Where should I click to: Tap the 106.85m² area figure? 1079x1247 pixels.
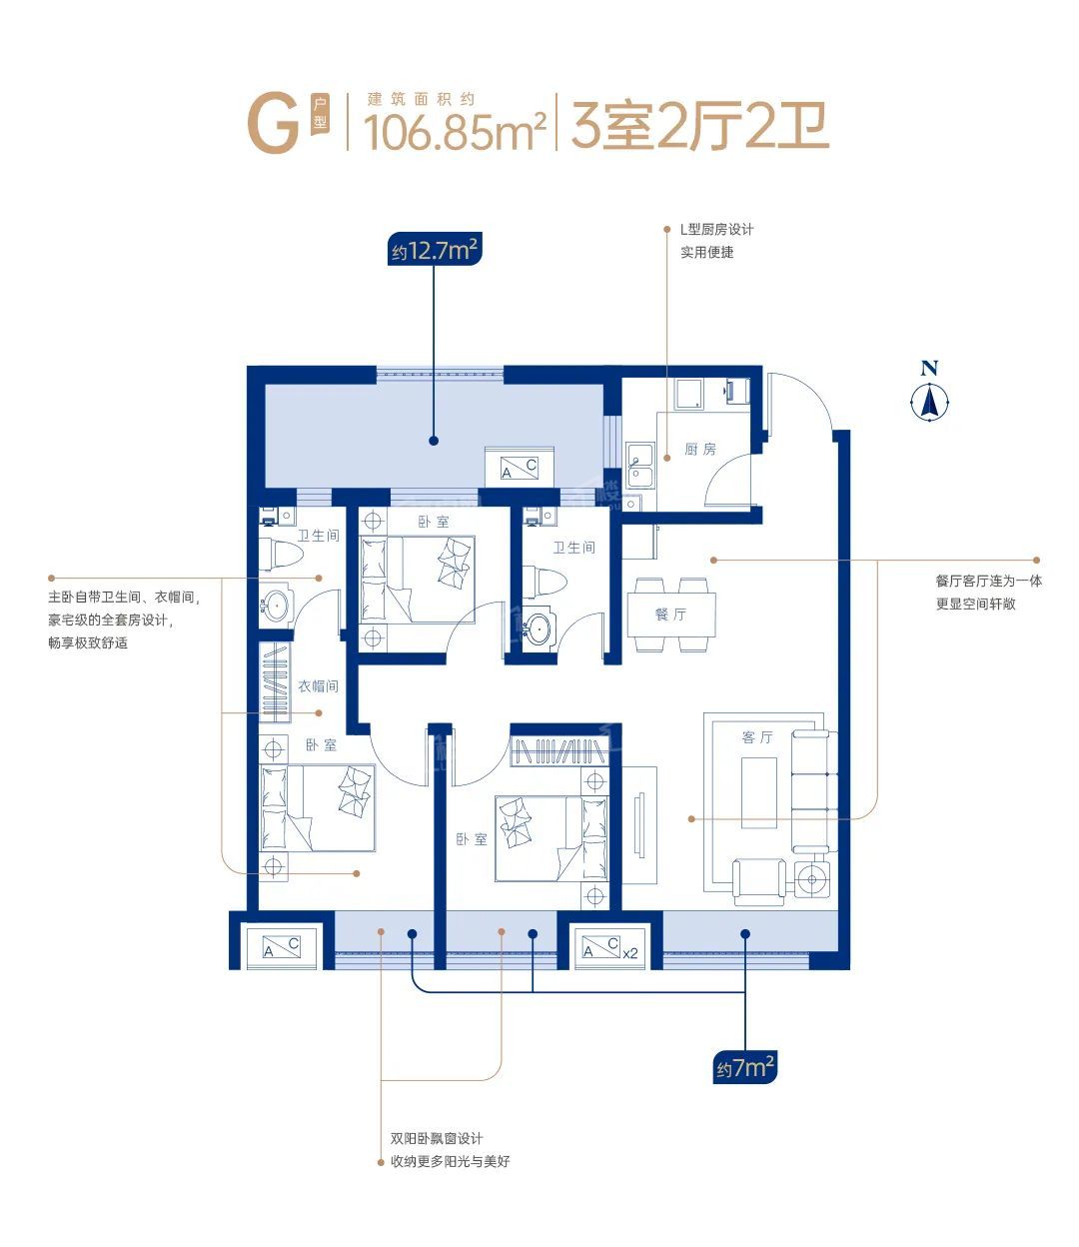(x=455, y=132)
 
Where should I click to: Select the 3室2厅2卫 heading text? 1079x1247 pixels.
(x=699, y=126)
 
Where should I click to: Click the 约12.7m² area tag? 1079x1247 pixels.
(x=435, y=251)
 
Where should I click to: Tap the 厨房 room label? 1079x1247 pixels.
(x=700, y=450)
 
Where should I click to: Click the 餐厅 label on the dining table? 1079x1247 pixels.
(x=670, y=615)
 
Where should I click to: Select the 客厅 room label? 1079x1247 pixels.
(x=757, y=737)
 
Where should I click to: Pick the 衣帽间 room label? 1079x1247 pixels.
(x=318, y=685)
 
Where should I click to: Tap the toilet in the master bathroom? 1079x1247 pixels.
(x=282, y=555)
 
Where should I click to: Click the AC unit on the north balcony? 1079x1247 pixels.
(x=520, y=467)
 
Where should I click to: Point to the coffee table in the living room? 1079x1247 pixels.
(x=758, y=792)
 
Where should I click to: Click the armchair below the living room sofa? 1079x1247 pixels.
(x=759, y=881)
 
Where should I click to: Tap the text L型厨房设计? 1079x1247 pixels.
(x=717, y=229)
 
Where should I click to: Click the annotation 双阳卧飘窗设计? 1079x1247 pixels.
(x=436, y=1138)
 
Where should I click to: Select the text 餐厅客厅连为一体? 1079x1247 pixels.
(x=988, y=581)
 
